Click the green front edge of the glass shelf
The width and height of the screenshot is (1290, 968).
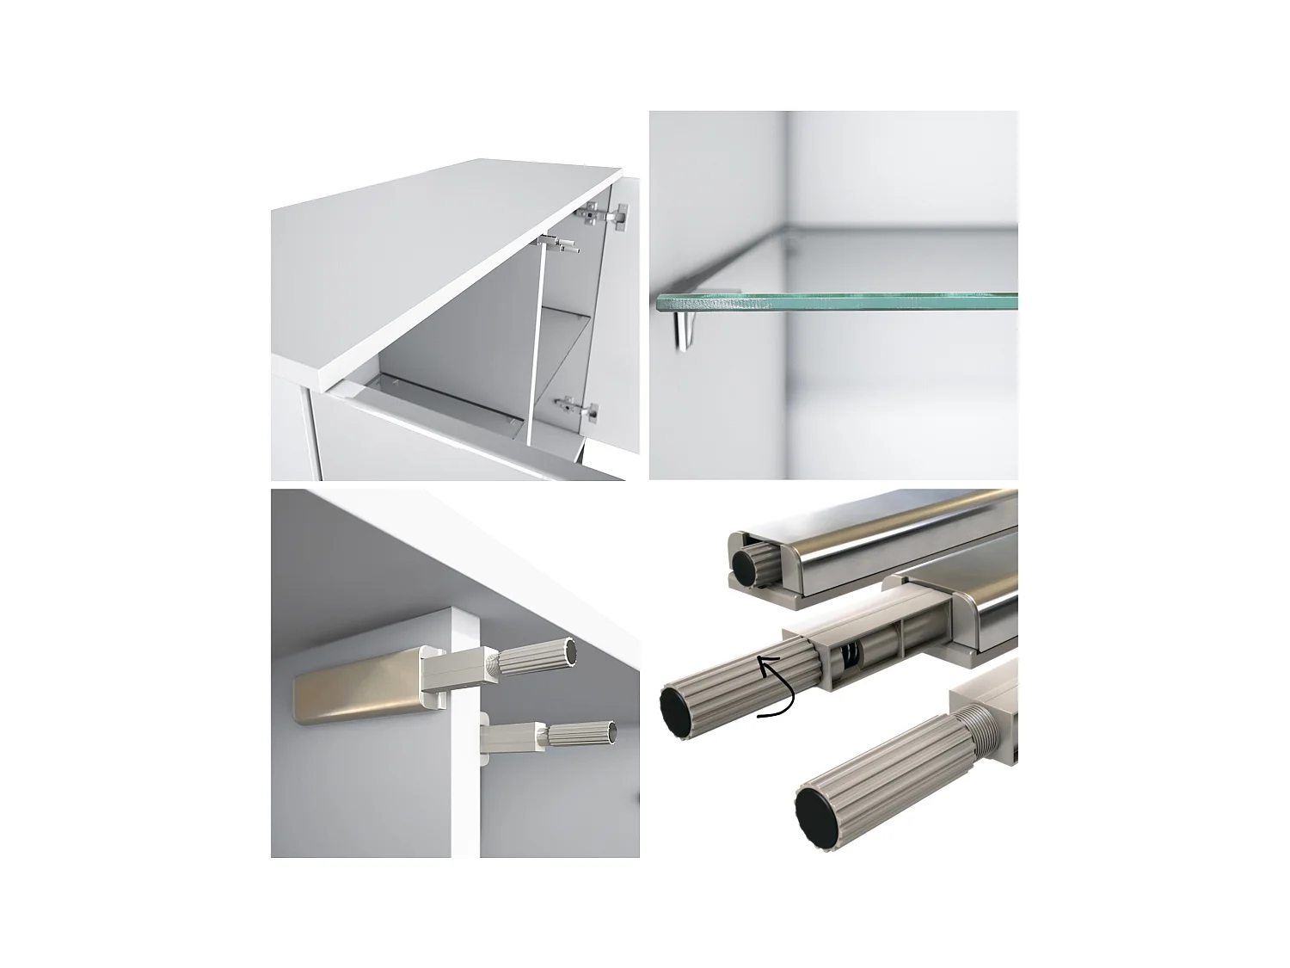tap(834, 302)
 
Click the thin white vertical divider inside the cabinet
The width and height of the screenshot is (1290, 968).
tap(531, 344)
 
